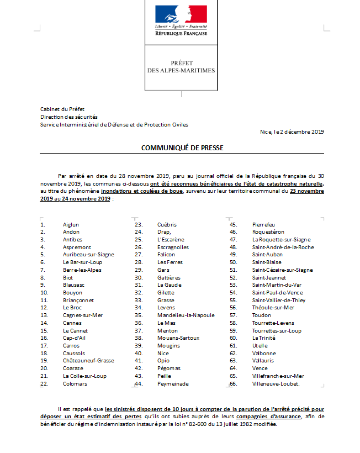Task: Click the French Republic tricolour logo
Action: click(181, 14)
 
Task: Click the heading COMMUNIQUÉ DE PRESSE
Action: click(176, 148)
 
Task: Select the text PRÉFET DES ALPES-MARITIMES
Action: click(181, 67)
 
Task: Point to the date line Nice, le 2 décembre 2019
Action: click(292, 131)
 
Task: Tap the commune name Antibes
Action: click(73, 240)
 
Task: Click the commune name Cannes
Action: click(72, 323)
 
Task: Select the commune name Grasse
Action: click(166, 300)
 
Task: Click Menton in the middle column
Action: click(167, 330)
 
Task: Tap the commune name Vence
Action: click(260, 368)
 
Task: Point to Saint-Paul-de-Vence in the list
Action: click(277, 292)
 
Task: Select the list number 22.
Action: click(44, 383)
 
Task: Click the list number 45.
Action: click(234, 225)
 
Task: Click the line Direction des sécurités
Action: click(69, 117)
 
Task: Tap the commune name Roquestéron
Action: click(268, 232)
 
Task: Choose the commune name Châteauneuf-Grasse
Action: click(88, 360)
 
